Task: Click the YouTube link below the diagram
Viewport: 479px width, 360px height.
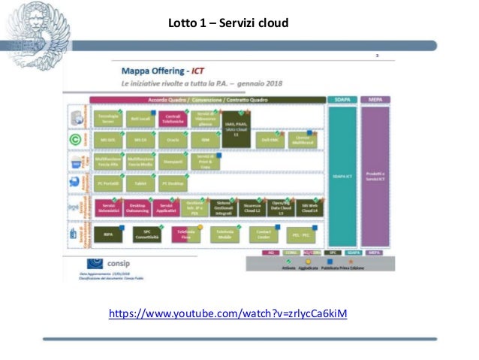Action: tap(228, 313)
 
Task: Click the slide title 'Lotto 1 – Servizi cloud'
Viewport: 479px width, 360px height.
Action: tap(228, 24)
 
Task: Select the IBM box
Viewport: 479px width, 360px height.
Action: tap(204, 140)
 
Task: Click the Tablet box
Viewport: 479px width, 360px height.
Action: tap(140, 182)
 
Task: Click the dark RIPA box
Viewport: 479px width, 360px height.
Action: tap(108, 234)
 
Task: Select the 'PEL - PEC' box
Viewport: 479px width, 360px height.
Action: tap(301, 235)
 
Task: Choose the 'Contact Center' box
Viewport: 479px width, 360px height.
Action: tap(264, 235)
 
